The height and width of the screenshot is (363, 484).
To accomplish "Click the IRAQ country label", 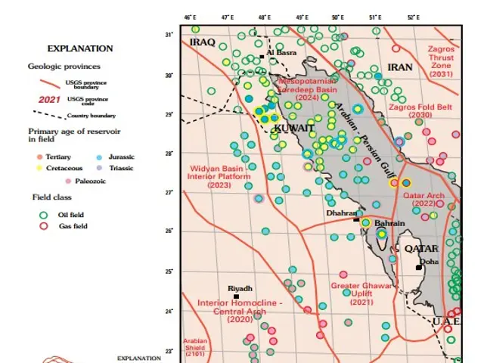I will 203,42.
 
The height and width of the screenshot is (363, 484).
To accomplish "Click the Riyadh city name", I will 240,288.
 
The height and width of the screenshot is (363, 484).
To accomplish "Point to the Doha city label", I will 429,262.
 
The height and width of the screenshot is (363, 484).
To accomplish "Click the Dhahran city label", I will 340,214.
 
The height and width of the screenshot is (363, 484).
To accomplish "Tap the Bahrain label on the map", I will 390,223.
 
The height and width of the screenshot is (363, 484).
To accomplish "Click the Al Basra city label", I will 281,52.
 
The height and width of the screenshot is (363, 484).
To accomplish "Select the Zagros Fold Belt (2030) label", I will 420,111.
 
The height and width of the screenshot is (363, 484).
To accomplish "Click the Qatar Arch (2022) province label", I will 419,198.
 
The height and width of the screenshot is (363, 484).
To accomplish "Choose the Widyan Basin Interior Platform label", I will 219,175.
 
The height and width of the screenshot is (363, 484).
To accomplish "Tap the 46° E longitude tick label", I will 191,16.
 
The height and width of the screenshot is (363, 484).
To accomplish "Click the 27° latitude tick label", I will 170,193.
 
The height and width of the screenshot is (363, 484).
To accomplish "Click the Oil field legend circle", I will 43,214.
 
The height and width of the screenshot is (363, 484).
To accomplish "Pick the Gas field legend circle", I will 43,226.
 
